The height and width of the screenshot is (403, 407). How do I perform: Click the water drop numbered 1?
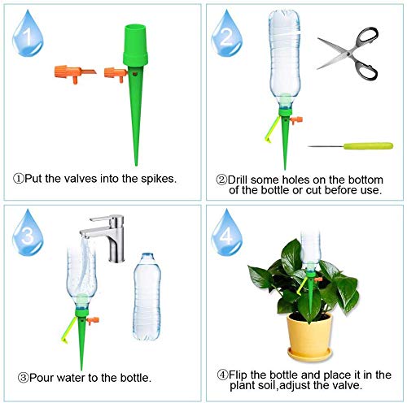point(28,34)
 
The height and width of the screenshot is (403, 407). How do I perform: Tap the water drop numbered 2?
point(226,34)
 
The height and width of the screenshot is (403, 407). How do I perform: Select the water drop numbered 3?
point(28,233)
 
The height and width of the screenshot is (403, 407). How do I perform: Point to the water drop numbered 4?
point(226,233)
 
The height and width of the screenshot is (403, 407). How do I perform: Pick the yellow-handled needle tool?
point(351,146)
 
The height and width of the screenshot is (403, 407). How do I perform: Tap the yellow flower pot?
point(309,335)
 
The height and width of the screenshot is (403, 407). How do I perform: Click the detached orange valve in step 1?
point(74,73)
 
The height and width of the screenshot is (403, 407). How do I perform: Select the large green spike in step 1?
point(135,92)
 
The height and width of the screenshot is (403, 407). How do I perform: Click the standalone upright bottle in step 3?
point(147,297)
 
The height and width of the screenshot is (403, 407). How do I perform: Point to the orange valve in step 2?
point(296,119)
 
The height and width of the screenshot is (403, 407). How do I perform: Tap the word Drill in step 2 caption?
point(238,180)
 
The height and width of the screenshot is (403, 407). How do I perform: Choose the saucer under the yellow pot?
point(309,354)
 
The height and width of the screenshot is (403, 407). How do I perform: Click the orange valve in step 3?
point(93,321)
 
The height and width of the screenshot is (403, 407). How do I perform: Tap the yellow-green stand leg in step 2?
point(272,128)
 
